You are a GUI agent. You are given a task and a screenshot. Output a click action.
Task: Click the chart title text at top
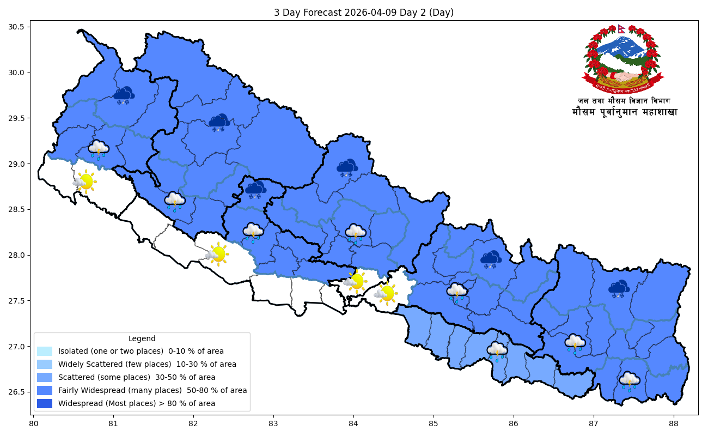pyautogui.click(x=363, y=13)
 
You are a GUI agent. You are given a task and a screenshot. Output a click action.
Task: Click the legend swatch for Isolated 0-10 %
pyautogui.click(x=45, y=351)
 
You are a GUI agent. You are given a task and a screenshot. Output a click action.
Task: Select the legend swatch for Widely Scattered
pyautogui.click(x=45, y=364)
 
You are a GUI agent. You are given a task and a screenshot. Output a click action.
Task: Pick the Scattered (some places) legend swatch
pyautogui.click(x=45, y=377)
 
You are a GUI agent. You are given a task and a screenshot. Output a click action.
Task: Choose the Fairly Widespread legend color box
pyautogui.click(x=45, y=390)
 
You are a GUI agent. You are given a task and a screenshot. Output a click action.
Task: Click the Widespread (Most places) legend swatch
pyautogui.click(x=45, y=403)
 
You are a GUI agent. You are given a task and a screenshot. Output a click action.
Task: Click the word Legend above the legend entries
pyautogui.click(x=142, y=338)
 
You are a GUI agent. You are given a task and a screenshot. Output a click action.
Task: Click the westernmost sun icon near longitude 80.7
pyautogui.click(x=85, y=181)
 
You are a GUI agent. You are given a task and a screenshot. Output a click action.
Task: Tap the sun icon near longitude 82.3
pyautogui.click(x=217, y=254)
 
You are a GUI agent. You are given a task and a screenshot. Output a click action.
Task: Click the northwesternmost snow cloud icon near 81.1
pyautogui.click(x=125, y=95)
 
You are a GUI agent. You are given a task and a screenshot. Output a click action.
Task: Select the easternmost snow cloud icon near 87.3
pyautogui.click(x=619, y=289)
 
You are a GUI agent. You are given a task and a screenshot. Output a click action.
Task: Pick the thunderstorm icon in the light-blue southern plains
pyautogui.click(x=497, y=351)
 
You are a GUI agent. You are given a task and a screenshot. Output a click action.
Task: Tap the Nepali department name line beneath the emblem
pyautogui.click(x=624, y=101)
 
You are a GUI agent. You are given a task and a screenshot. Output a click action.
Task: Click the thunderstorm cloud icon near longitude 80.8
pyautogui.click(x=99, y=149)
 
